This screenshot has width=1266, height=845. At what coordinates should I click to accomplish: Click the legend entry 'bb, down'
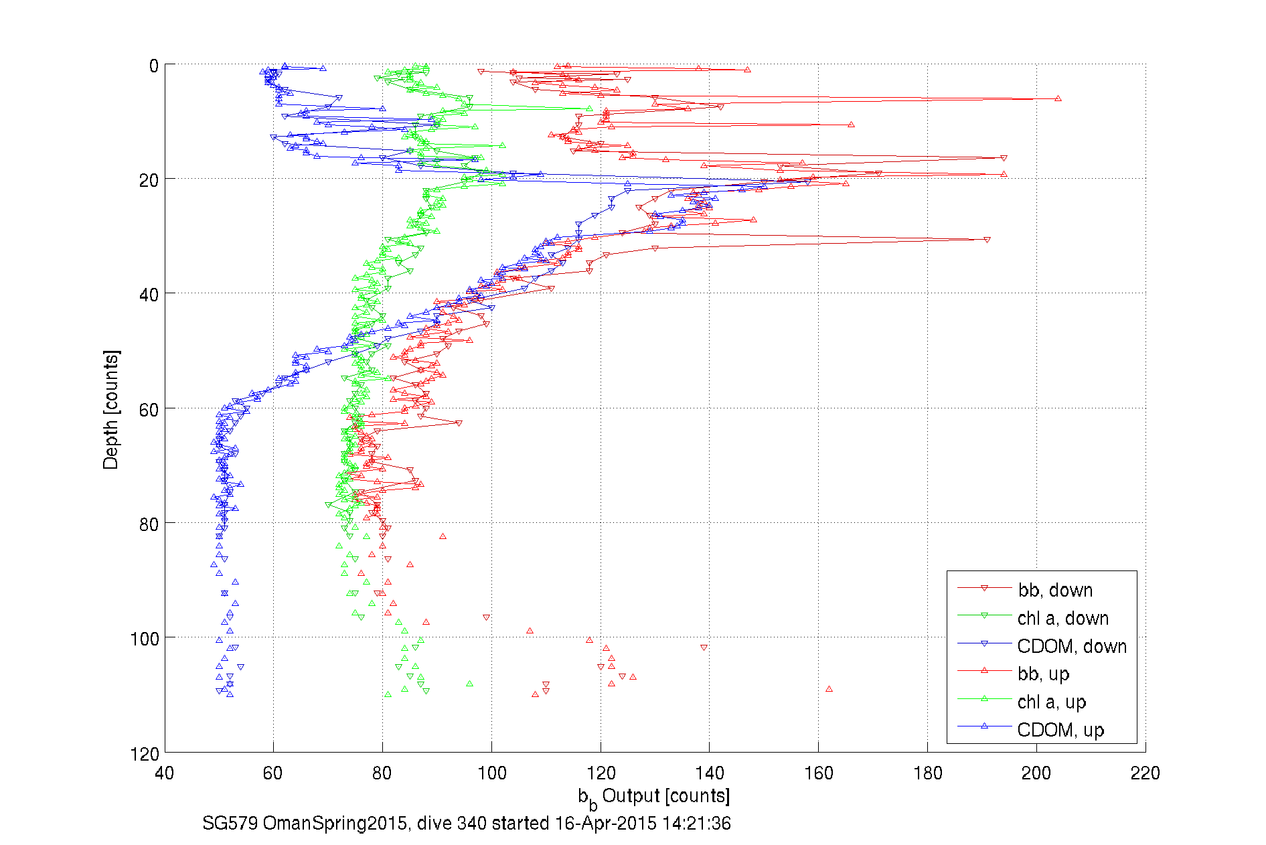[x=1055, y=590]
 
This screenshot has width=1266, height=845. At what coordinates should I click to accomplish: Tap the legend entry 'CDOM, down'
[x=1071, y=646]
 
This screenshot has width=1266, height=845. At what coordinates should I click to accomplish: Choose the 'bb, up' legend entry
[x=1043, y=674]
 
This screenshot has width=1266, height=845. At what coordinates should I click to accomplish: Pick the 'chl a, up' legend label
[x=1051, y=702]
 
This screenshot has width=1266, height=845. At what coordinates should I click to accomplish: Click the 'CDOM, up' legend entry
[x=1060, y=730]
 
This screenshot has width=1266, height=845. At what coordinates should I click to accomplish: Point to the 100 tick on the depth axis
[x=145, y=639]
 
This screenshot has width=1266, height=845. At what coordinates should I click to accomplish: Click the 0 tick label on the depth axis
[x=154, y=66]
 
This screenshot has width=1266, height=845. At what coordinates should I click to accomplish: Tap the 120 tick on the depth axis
[x=145, y=754]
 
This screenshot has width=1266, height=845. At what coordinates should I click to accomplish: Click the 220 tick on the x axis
[x=1145, y=773]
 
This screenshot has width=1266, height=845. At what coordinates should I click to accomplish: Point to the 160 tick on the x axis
[x=818, y=773]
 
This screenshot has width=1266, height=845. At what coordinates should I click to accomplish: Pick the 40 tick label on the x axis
[x=165, y=773]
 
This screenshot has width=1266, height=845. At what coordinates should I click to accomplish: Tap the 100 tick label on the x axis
[x=491, y=773]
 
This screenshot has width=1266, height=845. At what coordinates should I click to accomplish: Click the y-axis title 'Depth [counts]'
[x=111, y=409]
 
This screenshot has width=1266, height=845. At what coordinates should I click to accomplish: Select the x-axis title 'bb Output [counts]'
[x=654, y=797]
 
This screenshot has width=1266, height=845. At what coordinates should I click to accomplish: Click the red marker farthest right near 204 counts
[x=1058, y=98]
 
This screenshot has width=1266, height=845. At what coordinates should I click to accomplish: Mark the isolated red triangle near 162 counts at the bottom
[x=829, y=689]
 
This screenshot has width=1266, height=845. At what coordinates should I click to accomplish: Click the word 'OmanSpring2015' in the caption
[x=335, y=823]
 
